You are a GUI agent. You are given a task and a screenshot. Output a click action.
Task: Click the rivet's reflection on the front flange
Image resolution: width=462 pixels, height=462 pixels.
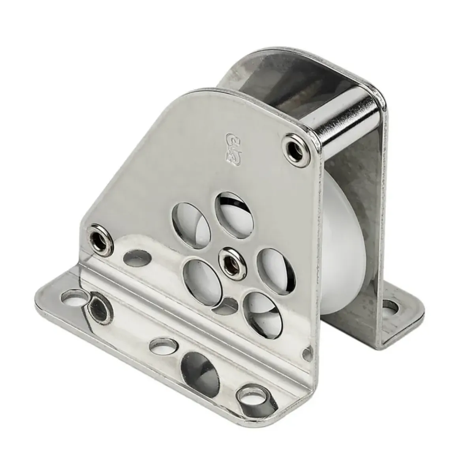(98, 306)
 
